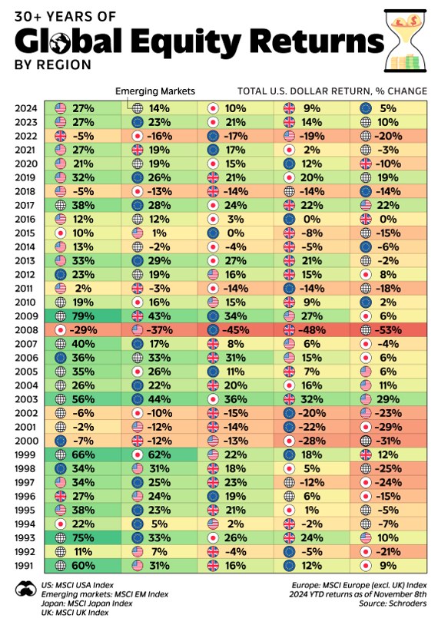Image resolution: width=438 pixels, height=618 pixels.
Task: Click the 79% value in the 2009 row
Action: [x=83, y=316]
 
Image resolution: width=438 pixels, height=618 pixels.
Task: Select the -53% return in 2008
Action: [x=388, y=330]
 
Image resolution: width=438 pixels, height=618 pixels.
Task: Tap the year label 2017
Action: [x=26, y=205]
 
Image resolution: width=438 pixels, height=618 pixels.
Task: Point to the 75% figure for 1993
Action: [x=83, y=538]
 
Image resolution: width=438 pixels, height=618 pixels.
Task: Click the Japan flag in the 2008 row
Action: [x=61, y=330]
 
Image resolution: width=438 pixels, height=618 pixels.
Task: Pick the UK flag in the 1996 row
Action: [x=61, y=496]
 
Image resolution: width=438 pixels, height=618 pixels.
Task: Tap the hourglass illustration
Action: [x=405, y=41]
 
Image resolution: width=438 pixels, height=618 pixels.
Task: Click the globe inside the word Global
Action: [x=60, y=42]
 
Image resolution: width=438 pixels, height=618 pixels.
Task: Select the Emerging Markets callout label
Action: [x=155, y=91]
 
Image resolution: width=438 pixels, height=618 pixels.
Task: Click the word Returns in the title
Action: [x=317, y=41]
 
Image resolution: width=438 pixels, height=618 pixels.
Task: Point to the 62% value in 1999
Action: [x=159, y=454]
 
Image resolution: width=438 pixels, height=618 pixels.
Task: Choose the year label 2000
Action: [x=26, y=441]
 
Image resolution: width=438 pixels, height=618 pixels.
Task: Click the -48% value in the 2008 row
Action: [x=312, y=330]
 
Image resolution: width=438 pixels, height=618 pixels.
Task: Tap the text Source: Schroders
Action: [x=393, y=603]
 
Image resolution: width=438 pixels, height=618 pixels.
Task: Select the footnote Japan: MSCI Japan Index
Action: [x=87, y=603]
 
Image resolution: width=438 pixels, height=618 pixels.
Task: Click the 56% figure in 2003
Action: [x=83, y=399]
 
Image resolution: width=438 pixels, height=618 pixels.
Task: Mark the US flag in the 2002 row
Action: [x=366, y=413]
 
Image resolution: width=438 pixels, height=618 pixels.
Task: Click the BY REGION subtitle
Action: [x=53, y=64]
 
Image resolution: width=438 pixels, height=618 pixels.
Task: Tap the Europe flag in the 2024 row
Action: [x=366, y=108]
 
